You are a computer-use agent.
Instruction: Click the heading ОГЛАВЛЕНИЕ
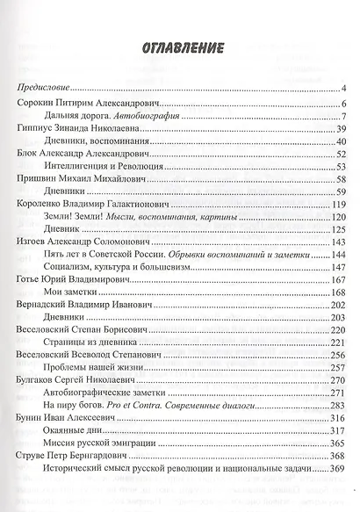(179, 47)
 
